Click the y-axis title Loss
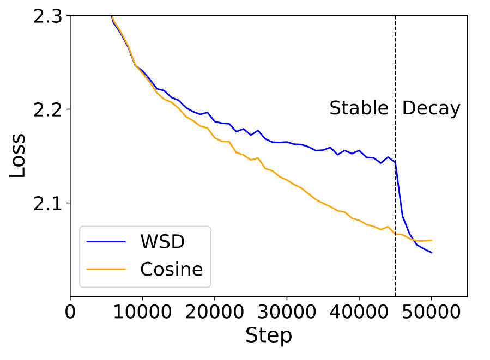point(18,157)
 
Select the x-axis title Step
point(268,335)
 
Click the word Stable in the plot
point(359,109)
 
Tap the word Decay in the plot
point(431,109)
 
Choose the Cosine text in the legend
point(171,269)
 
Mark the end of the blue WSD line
point(431,252)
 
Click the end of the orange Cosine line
point(431,240)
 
